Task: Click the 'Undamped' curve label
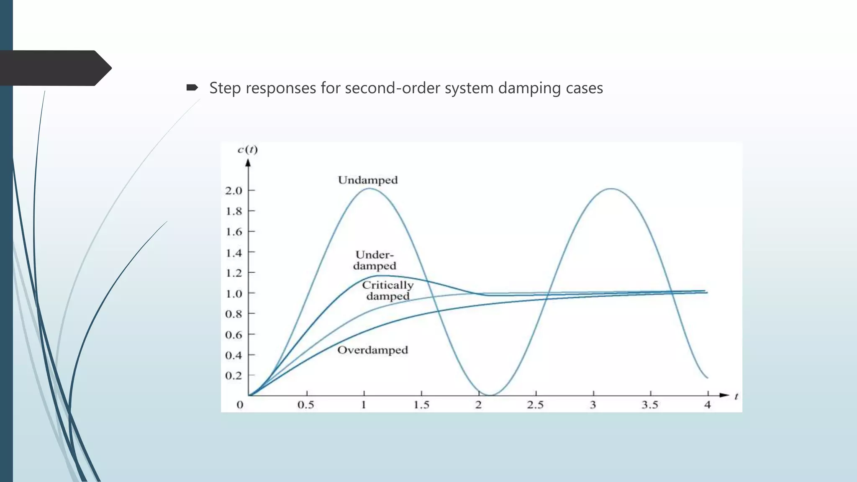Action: point(368,180)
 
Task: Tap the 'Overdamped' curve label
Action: point(372,350)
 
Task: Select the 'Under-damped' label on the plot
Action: point(375,260)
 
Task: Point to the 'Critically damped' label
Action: point(387,291)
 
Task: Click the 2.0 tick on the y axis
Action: point(234,191)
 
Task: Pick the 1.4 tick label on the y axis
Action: point(234,253)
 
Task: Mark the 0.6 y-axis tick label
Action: point(234,335)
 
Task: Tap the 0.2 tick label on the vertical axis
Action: point(234,376)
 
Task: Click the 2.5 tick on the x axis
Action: point(535,405)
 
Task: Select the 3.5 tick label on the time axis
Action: point(650,405)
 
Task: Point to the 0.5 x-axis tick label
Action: point(306,405)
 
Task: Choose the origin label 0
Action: point(240,405)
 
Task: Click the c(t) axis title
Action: point(248,150)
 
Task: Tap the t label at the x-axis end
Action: point(736,396)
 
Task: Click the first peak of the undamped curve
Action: point(369,189)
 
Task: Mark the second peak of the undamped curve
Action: point(611,189)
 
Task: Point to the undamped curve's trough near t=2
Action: point(490,395)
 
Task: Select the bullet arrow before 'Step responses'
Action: point(192,87)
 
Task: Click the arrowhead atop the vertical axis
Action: point(248,163)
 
